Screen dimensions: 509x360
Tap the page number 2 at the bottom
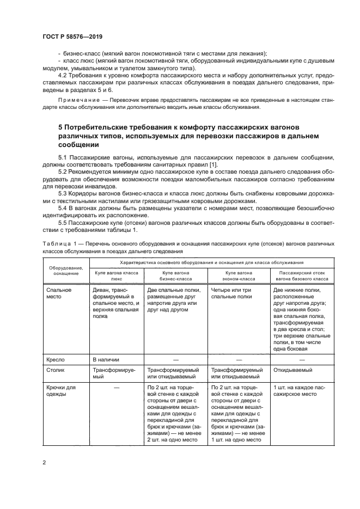click(44, 463)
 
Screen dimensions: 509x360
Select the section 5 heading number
click(61, 127)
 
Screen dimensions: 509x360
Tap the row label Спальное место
click(60, 294)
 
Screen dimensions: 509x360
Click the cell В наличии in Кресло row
click(106, 359)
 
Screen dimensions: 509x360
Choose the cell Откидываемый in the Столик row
click(292, 370)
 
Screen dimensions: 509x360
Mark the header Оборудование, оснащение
click(66, 270)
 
